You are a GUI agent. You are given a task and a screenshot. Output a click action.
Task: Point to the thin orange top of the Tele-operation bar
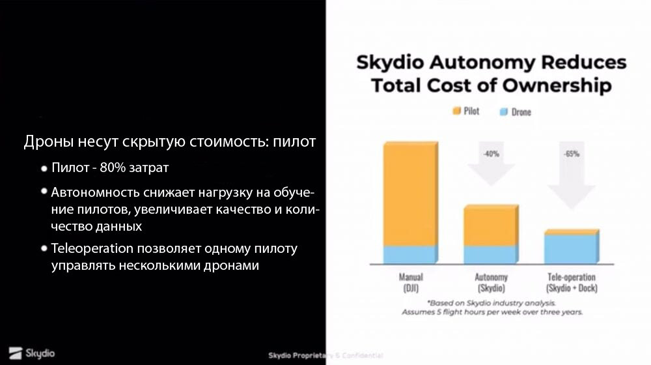[x=571, y=231]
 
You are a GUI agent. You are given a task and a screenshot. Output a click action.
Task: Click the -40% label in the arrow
[x=491, y=154]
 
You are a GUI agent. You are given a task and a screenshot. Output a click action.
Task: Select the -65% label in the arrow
[x=571, y=154]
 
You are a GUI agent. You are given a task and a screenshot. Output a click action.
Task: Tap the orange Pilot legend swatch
[x=457, y=111]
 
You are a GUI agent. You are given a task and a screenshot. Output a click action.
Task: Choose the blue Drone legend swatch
[x=503, y=111]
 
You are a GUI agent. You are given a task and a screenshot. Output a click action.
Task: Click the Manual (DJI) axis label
[x=410, y=282]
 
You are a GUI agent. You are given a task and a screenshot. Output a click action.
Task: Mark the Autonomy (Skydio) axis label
[x=491, y=282]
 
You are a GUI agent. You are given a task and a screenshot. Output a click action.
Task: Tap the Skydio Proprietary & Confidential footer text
[x=325, y=355]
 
